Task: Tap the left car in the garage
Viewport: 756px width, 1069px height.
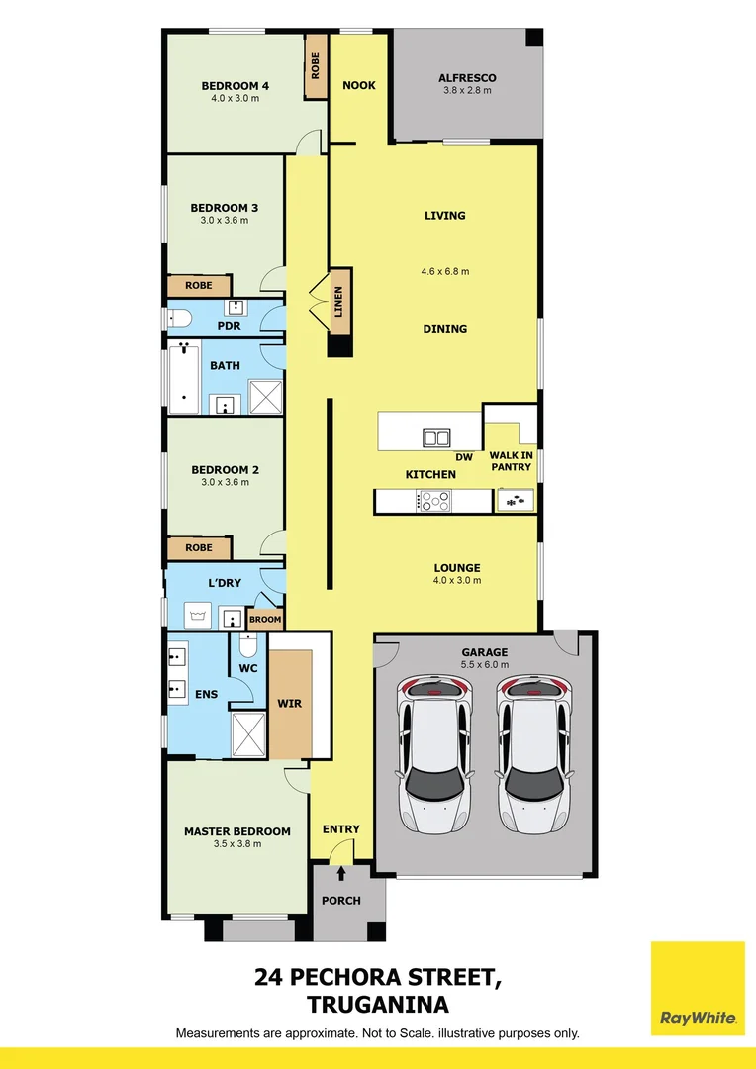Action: tap(434, 754)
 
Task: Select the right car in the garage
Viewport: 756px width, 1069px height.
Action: tap(534, 754)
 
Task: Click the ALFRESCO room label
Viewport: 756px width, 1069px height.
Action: tap(467, 78)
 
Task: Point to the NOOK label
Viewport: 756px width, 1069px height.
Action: tap(359, 85)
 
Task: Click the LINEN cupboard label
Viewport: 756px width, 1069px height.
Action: tap(340, 302)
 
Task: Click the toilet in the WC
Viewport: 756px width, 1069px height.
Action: tap(247, 646)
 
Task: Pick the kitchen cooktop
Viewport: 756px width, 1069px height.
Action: tap(433, 502)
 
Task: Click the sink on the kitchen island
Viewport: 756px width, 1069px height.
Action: tap(436, 437)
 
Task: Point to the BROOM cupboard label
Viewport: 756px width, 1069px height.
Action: tap(265, 620)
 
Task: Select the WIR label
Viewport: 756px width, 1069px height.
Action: tap(289, 704)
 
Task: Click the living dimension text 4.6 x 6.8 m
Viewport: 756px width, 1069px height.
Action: tap(445, 271)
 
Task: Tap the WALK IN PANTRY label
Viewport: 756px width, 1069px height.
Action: tap(511, 461)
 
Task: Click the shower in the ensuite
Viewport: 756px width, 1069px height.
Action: tap(249, 733)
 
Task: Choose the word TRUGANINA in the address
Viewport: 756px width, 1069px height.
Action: tap(380, 1005)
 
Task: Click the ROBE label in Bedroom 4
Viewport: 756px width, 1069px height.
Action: tap(316, 66)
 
